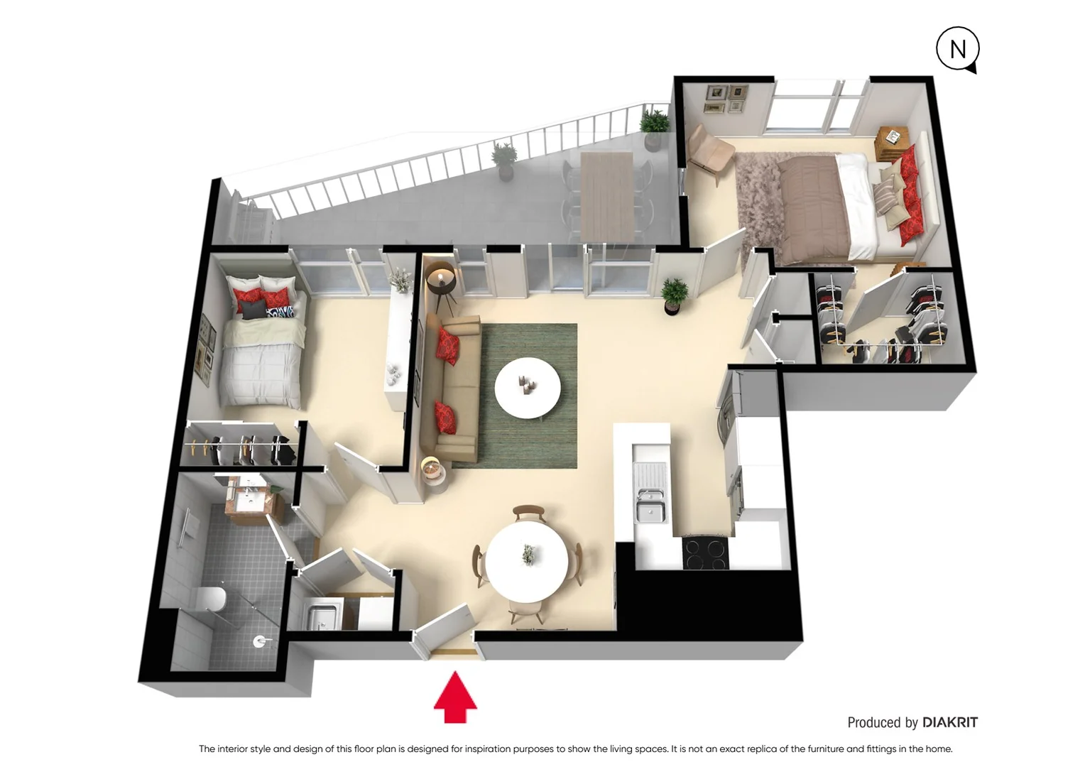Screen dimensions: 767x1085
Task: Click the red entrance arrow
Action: (x=455, y=698)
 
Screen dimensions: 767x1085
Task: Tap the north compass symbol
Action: (x=957, y=49)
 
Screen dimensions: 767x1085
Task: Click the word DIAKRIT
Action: (x=949, y=722)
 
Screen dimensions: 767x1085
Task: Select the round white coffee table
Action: (x=528, y=388)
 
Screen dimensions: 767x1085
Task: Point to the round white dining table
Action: (x=527, y=561)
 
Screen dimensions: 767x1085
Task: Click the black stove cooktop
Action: (x=704, y=554)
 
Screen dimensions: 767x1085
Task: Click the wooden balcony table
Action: (x=606, y=195)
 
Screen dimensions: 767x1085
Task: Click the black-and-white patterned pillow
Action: (x=280, y=312)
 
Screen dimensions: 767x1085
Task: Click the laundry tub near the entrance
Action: (x=324, y=614)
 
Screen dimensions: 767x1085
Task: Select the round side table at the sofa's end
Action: (x=433, y=472)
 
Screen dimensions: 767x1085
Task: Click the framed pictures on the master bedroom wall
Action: (x=726, y=99)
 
